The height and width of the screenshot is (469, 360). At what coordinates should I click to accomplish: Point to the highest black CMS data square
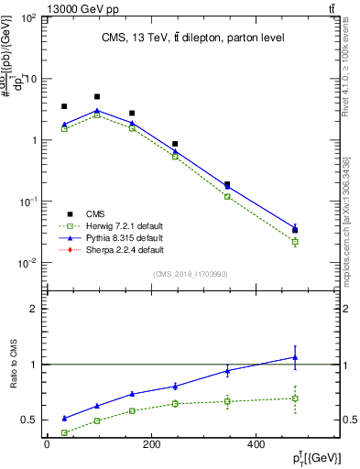tap(97, 96)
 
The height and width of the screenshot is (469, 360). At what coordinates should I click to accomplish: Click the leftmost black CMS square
tap(64, 106)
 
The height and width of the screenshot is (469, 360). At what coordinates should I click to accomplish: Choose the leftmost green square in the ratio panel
tap(64, 432)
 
